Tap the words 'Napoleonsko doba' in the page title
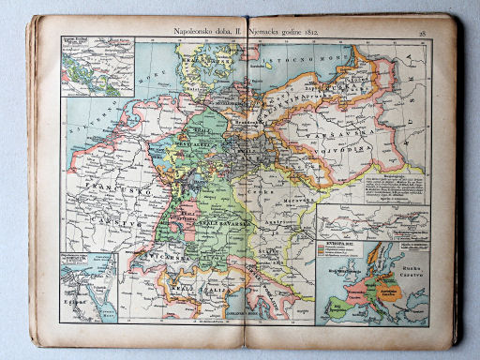(201, 32)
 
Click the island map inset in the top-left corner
(97, 67)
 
